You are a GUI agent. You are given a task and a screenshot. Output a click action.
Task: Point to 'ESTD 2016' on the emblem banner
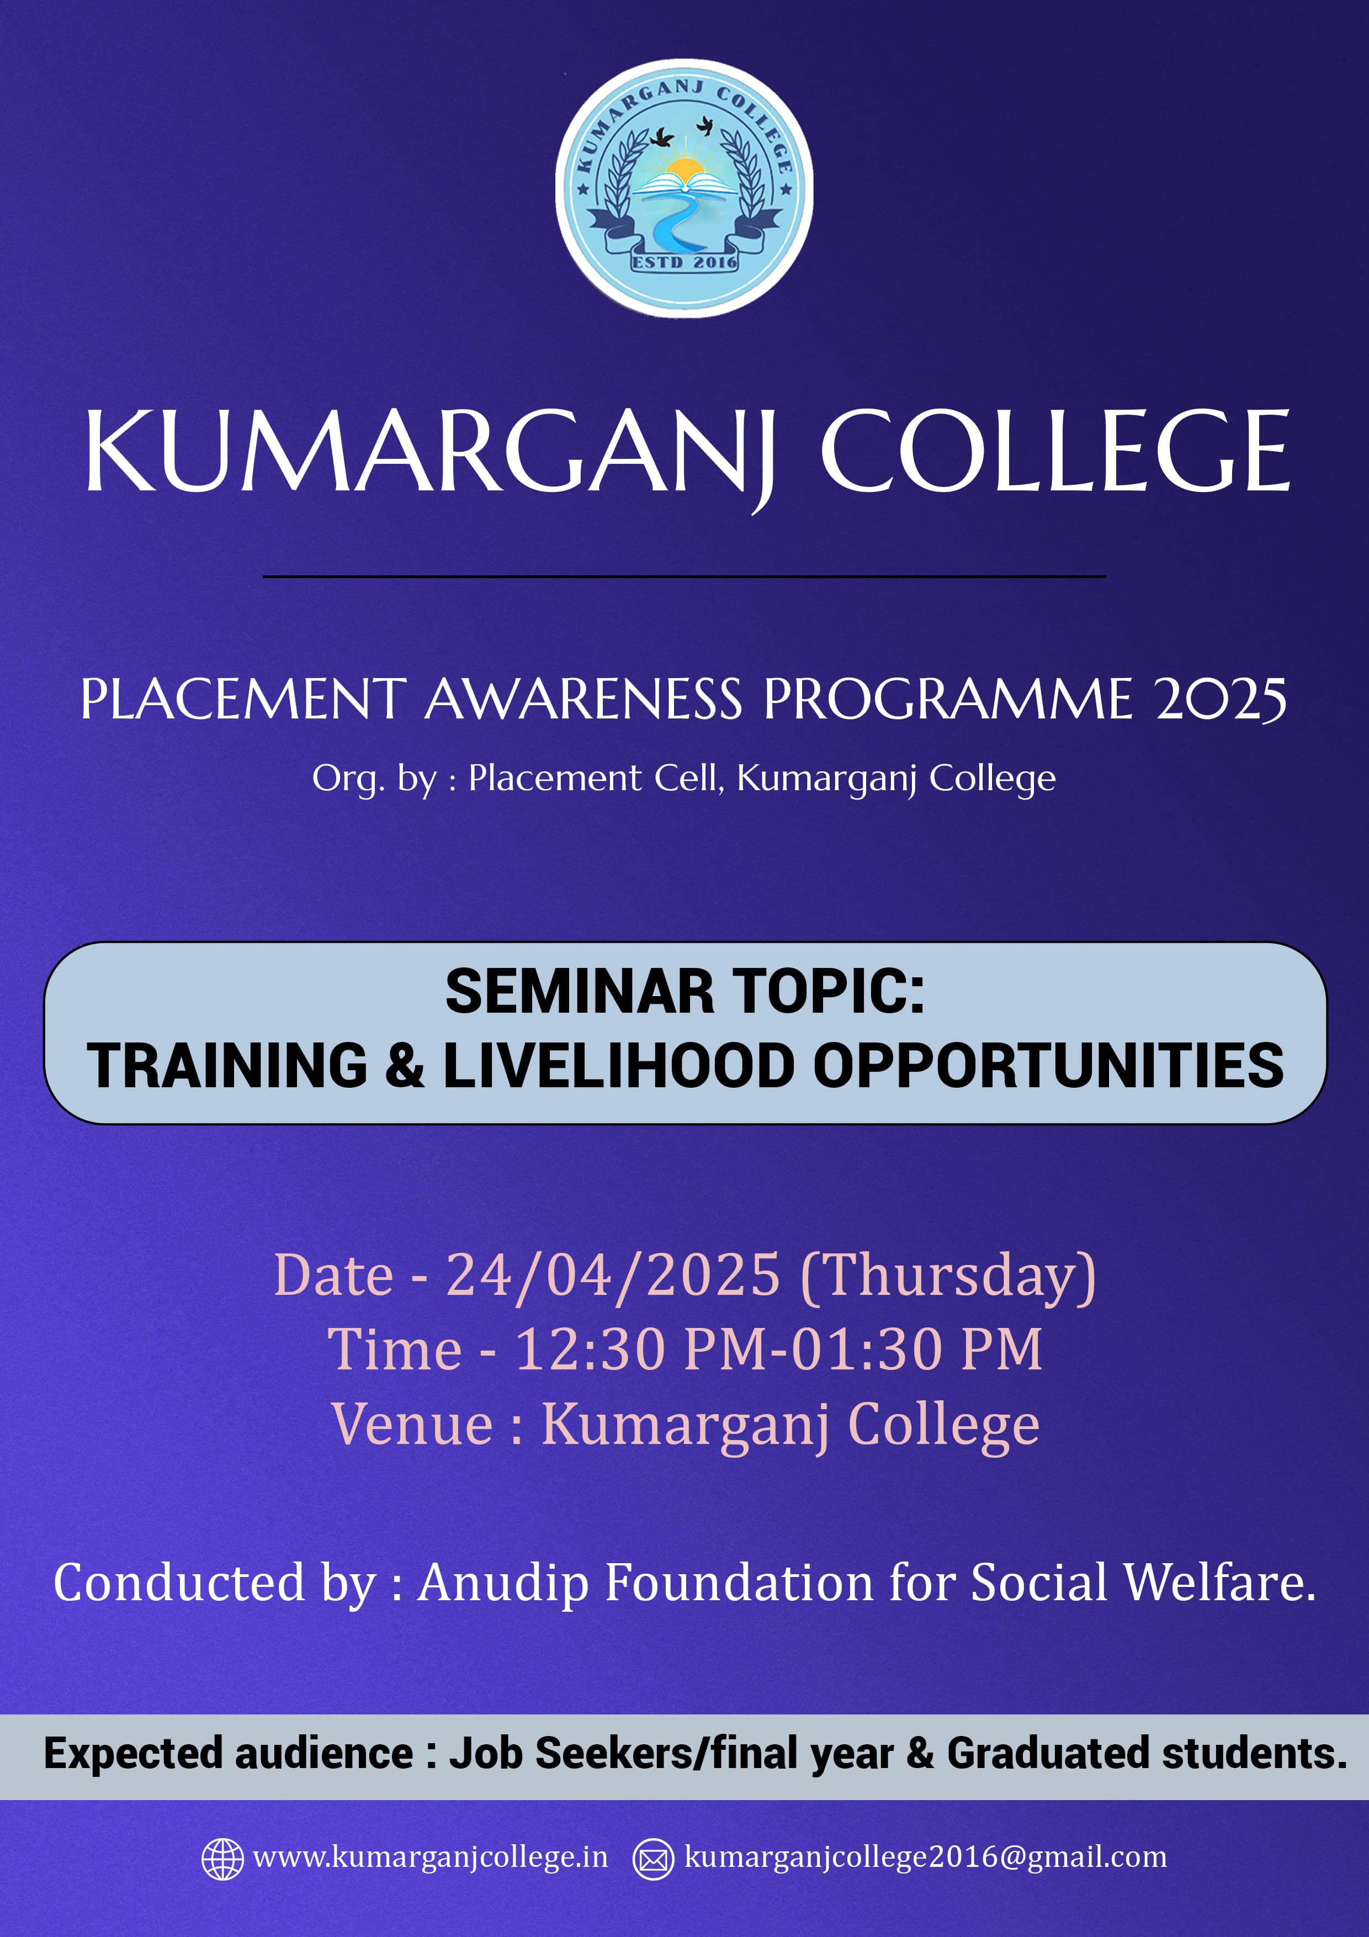684,262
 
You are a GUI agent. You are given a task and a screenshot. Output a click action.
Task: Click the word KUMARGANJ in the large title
429,453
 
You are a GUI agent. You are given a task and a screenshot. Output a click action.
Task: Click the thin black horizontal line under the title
684,577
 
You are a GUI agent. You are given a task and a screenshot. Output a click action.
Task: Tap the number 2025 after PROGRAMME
1221,700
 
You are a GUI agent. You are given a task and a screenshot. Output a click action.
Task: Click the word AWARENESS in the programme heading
583,700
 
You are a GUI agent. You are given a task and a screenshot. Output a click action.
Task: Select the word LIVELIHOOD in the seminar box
619,1066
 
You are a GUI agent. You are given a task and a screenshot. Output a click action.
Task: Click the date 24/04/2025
613,1275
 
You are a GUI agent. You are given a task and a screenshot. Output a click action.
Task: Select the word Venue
412,1424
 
